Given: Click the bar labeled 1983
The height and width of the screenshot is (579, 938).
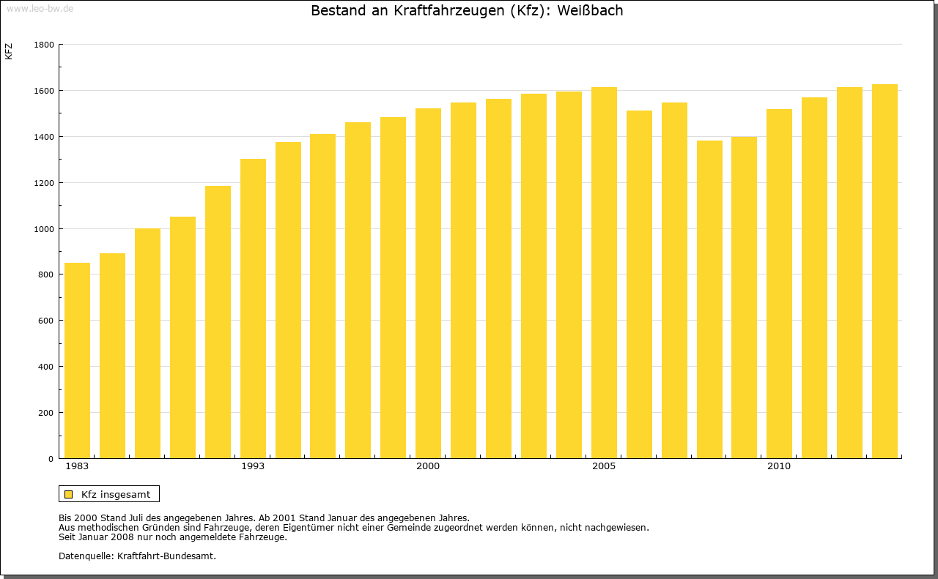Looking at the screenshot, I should point(77,360).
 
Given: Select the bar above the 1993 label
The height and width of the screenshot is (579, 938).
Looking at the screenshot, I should point(253,308).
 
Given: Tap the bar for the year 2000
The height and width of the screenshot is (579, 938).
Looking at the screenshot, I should point(428,283).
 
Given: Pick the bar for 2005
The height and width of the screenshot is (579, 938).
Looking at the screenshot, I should point(604,272).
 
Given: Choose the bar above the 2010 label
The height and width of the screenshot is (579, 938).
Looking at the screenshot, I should point(779,283).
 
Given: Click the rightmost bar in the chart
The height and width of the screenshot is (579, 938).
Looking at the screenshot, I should point(885,271).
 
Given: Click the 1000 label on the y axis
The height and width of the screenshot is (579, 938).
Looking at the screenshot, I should point(44,229).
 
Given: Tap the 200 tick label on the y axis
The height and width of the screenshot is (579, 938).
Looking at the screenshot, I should point(47,413).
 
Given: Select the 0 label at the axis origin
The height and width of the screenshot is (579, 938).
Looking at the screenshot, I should point(51,459).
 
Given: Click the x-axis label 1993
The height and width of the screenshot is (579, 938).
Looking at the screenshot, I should point(253,466).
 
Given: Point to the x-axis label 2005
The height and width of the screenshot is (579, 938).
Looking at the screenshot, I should point(604,466).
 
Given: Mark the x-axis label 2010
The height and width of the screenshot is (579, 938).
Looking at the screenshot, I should point(779,466).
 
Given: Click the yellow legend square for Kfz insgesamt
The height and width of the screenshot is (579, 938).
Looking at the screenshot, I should point(69,494).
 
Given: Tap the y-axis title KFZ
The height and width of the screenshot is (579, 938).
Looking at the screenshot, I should point(9,51).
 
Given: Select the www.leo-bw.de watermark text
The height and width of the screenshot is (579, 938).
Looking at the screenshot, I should point(39,7).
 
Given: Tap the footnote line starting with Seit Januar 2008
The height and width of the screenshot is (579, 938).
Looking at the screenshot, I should point(172,537).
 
